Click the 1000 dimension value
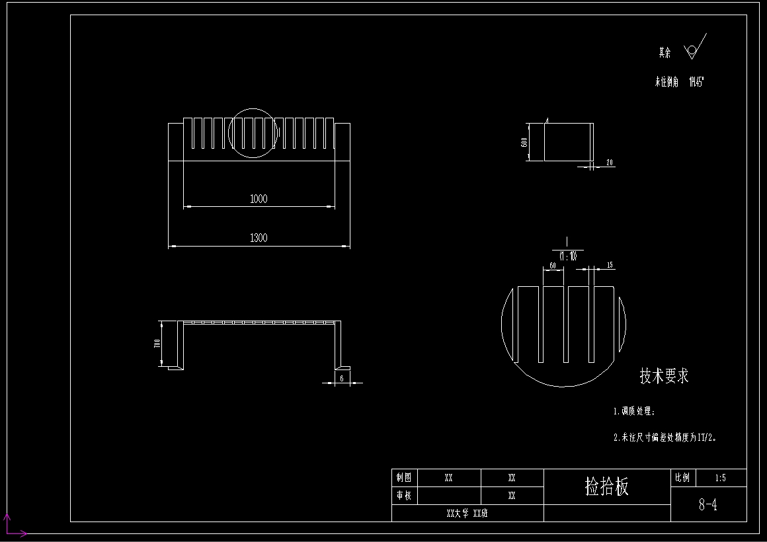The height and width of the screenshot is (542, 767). (259, 199)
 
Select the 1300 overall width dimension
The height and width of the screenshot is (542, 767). (259, 238)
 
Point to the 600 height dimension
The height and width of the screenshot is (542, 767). (524, 142)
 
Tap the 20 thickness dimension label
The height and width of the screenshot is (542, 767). (609, 162)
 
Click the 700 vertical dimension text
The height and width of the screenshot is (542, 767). (157, 344)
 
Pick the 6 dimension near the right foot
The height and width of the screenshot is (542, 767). (341, 378)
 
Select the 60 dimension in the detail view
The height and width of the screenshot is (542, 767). (552, 266)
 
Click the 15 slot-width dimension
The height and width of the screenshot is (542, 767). (609, 265)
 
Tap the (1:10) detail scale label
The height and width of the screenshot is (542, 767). (567, 256)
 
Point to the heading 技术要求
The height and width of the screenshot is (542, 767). (664, 376)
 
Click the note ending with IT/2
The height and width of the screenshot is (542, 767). (665, 437)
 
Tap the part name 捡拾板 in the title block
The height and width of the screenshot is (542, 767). (607, 487)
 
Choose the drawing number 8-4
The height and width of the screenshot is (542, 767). (708, 506)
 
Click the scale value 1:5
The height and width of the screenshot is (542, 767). (720, 477)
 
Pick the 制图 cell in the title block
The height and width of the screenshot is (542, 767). (404, 477)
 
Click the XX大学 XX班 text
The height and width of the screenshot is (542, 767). (467, 513)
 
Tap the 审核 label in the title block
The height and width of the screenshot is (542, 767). (404, 495)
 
